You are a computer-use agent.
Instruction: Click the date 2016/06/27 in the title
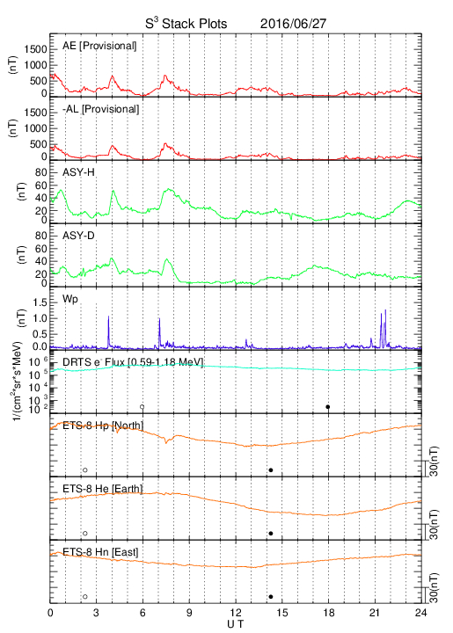tap(293, 24)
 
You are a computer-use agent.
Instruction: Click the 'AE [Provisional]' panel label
tap(99, 46)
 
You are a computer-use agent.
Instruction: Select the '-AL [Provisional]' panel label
tap(101, 109)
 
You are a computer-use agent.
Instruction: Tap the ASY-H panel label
tap(78, 172)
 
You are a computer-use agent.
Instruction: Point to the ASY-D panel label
tap(78, 236)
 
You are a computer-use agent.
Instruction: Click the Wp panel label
tap(69, 299)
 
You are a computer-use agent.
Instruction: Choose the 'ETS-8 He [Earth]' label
tap(103, 489)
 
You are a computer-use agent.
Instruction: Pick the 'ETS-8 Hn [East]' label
tap(100, 552)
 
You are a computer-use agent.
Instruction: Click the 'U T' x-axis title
tap(236, 624)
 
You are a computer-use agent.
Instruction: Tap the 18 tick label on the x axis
tap(329, 613)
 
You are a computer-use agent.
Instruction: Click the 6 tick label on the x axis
tap(142, 613)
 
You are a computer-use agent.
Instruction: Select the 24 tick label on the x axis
tap(421, 613)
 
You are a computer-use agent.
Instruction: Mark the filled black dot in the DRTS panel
tap(328, 407)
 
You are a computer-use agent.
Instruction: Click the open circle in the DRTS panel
tap(142, 407)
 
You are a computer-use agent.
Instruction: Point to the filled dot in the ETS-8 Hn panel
tap(271, 597)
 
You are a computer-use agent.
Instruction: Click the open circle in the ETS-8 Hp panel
tap(85, 469)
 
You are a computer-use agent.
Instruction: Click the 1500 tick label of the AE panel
tap(35, 49)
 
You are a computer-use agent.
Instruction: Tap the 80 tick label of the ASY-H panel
tap(41, 173)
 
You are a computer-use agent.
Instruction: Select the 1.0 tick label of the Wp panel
tap(40, 318)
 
